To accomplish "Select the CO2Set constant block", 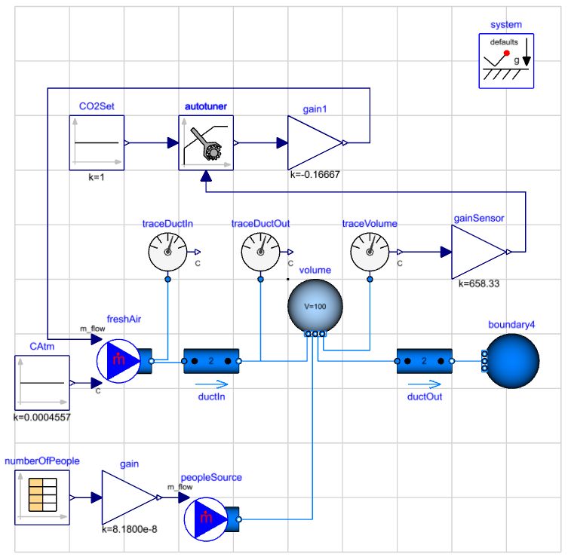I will click(97, 142).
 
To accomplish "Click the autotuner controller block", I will click(206, 142).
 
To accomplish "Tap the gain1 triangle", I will click(313, 142).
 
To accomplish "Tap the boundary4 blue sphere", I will click(513, 362).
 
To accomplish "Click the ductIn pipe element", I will click(211, 362).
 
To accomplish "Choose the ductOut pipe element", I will click(423, 362).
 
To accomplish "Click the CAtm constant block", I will click(41, 383).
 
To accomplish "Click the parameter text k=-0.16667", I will click(316, 174).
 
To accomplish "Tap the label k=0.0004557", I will click(42, 416).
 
